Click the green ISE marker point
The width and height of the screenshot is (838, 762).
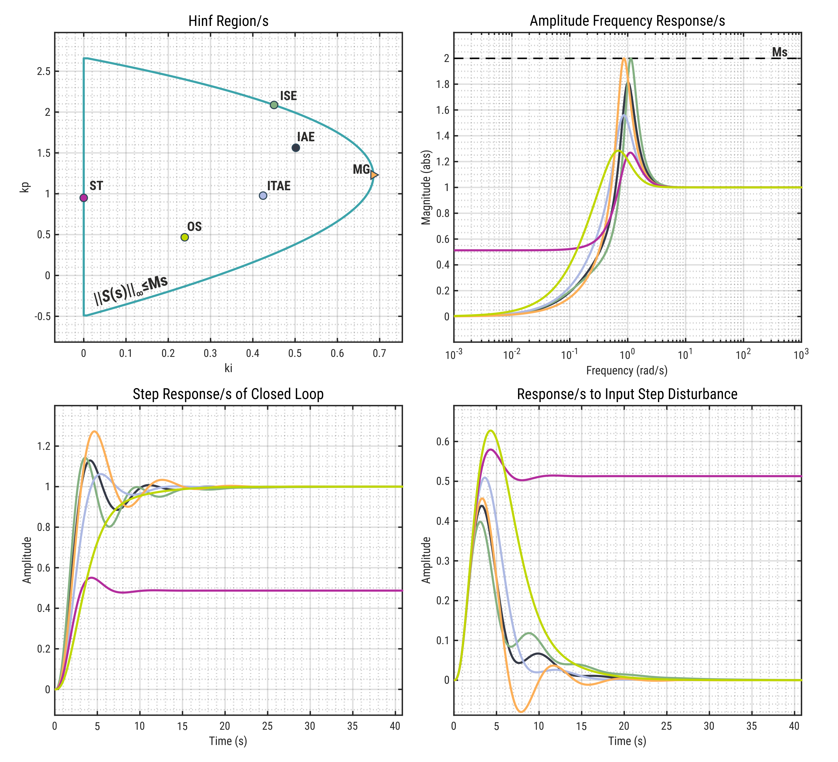[x=274, y=105]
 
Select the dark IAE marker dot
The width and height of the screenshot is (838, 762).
[x=296, y=148]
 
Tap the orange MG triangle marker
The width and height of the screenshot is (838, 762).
[x=374, y=175]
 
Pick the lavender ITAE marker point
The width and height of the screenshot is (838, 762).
[x=263, y=195]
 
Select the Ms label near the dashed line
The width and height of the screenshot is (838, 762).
[x=779, y=52]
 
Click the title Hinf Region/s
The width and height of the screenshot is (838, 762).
[x=228, y=21]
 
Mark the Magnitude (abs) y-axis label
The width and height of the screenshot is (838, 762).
[x=426, y=187]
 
